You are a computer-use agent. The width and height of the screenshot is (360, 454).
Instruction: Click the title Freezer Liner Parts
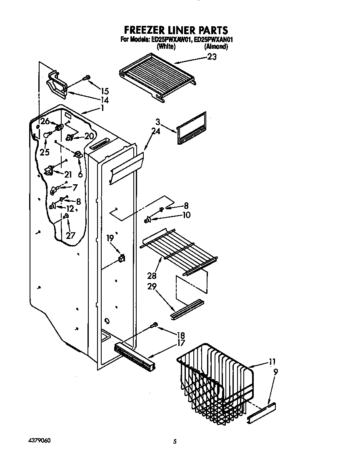[176, 30]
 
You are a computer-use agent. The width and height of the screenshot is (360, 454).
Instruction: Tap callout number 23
[212, 58]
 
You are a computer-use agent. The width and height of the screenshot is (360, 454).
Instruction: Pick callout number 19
[110, 238]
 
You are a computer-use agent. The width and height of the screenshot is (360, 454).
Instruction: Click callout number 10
[186, 215]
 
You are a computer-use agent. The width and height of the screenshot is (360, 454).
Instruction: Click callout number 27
[70, 235]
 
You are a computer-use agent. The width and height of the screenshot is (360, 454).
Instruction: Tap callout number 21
[67, 174]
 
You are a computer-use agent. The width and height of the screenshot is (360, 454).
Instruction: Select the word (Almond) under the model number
[216, 47]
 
